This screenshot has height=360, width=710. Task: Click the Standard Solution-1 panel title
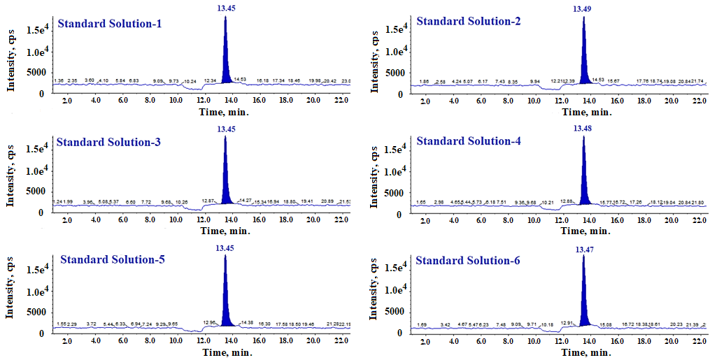pyautogui.click(x=110, y=24)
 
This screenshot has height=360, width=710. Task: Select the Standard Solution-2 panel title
pyautogui.click(x=468, y=21)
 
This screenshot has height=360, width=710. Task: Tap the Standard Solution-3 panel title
pyautogui.click(x=108, y=143)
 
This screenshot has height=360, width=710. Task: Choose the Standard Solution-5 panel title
pyautogui.click(x=113, y=260)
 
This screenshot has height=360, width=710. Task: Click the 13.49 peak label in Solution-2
pyautogui.click(x=583, y=9)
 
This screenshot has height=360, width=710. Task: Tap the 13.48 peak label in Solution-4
pyautogui.click(x=583, y=128)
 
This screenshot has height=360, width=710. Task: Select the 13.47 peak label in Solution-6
pyautogui.click(x=584, y=249)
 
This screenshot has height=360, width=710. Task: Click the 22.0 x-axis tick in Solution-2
pyautogui.click(x=698, y=101)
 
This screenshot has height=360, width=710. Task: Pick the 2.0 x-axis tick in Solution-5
pyautogui.click(x=67, y=341)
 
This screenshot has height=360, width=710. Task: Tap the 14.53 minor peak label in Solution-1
pyautogui.click(x=241, y=80)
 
